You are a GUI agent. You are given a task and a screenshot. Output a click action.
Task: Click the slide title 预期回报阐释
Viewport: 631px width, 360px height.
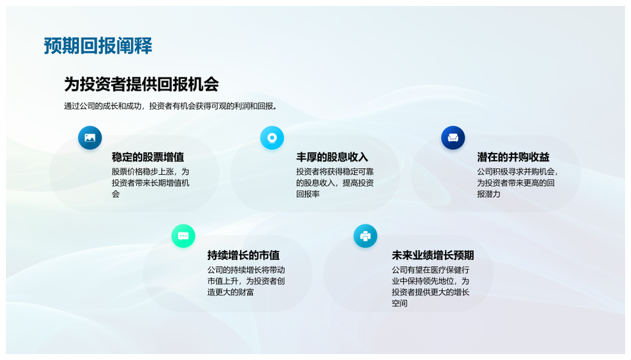click(x=98, y=46)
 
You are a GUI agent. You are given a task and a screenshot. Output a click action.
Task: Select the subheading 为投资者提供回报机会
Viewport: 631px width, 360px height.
click(x=141, y=85)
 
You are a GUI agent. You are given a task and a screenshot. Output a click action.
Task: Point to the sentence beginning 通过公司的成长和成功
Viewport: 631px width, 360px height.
click(x=172, y=106)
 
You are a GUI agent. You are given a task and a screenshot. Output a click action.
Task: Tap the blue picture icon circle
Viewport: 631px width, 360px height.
click(x=90, y=138)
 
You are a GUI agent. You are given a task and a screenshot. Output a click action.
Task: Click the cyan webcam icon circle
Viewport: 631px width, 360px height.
click(x=272, y=138)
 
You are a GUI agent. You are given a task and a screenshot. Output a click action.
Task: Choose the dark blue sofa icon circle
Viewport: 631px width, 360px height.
click(x=453, y=138)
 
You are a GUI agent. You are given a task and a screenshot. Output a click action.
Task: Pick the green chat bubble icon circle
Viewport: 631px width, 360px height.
click(x=183, y=236)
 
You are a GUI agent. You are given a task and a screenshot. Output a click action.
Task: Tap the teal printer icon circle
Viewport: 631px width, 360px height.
click(x=365, y=236)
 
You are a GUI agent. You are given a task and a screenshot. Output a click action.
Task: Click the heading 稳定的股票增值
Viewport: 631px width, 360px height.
click(x=148, y=157)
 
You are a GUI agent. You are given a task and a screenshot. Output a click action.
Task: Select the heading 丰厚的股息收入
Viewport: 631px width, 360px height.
click(x=332, y=157)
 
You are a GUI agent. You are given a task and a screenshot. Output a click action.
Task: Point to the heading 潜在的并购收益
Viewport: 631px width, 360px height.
click(x=513, y=157)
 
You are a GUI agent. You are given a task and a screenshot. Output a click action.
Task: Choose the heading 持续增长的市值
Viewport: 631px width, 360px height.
click(x=243, y=255)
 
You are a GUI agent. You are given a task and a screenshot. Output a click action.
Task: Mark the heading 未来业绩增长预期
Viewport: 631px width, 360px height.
click(x=433, y=255)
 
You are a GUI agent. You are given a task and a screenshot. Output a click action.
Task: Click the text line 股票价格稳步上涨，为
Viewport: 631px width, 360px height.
click(x=151, y=171)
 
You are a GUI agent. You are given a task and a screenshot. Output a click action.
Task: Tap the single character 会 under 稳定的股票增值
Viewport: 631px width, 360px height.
click(x=116, y=194)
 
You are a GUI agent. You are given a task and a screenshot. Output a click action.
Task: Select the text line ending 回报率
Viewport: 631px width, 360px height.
click(x=308, y=194)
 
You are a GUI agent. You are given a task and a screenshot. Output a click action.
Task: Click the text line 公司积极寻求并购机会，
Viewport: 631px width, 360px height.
click(x=517, y=171)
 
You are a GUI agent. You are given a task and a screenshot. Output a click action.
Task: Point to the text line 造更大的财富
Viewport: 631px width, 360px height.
click(x=231, y=292)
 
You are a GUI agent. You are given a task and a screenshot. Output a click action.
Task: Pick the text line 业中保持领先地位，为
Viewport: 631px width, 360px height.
click(x=431, y=281)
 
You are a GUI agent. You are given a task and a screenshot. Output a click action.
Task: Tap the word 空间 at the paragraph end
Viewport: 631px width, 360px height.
click(x=400, y=304)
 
